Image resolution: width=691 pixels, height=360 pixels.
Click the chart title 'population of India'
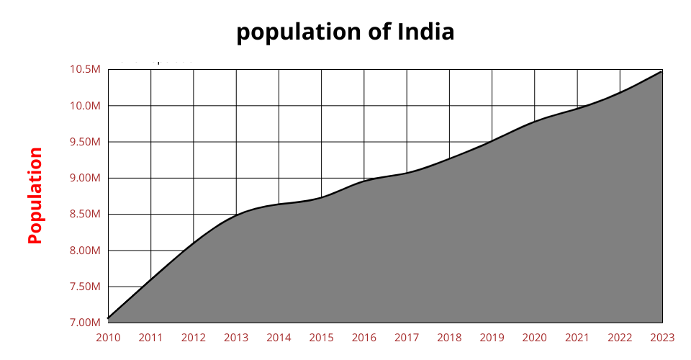(x=345, y=32)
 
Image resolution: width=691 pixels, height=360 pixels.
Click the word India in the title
(x=425, y=32)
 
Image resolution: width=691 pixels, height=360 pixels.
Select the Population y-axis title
(x=35, y=195)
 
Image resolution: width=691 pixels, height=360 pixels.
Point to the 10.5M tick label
(x=85, y=69)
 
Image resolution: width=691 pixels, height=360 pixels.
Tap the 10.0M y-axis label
(x=85, y=106)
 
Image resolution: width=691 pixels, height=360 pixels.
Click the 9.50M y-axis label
(x=85, y=142)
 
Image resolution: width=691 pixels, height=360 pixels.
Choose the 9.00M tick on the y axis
(x=85, y=178)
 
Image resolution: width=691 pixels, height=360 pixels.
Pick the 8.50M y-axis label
(x=85, y=215)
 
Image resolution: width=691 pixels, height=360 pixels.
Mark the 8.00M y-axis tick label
(x=85, y=251)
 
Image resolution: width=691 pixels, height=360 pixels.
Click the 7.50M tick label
(x=85, y=287)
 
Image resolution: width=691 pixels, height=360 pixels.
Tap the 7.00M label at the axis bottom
(x=85, y=323)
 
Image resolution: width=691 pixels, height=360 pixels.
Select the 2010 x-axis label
(x=108, y=337)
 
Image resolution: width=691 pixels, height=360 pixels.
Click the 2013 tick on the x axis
(x=236, y=337)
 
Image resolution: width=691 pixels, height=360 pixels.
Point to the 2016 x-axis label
(x=364, y=337)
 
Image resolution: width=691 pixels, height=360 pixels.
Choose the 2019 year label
(x=492, y=337)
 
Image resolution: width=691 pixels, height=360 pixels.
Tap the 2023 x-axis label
(x=662, y=337)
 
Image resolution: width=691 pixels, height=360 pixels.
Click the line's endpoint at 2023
(x=662, y=71)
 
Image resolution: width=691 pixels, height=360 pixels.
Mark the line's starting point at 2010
(x=108, y=318)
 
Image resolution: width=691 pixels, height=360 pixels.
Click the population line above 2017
(x=407, y=173)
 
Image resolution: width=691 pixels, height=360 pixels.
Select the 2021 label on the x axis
(x=577, y=337)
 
